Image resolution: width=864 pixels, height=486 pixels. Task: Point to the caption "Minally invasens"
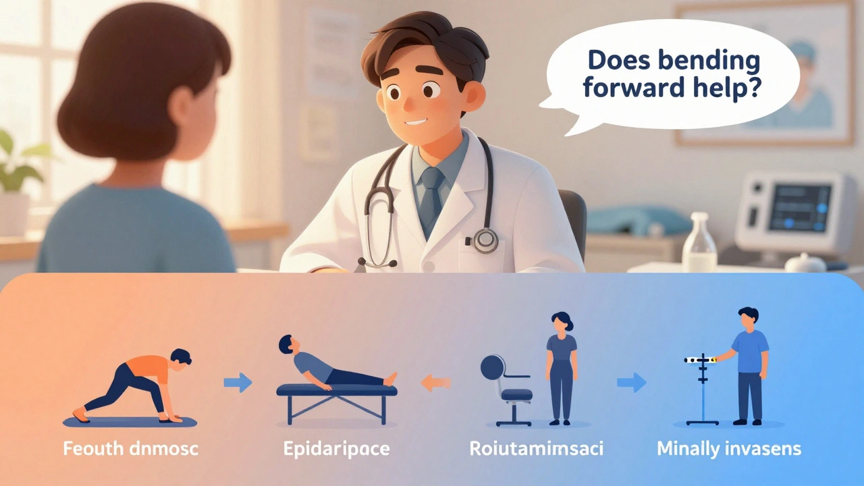729,448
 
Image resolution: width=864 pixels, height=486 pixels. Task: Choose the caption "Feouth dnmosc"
130,448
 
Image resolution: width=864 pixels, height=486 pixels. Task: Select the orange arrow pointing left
435,383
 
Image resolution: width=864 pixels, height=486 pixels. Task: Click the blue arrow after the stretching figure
238,383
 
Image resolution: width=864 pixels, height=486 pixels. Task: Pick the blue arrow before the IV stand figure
631,383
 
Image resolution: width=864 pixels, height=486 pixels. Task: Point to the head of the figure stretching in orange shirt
180,358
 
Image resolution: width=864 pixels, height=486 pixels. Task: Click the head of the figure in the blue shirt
748,317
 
